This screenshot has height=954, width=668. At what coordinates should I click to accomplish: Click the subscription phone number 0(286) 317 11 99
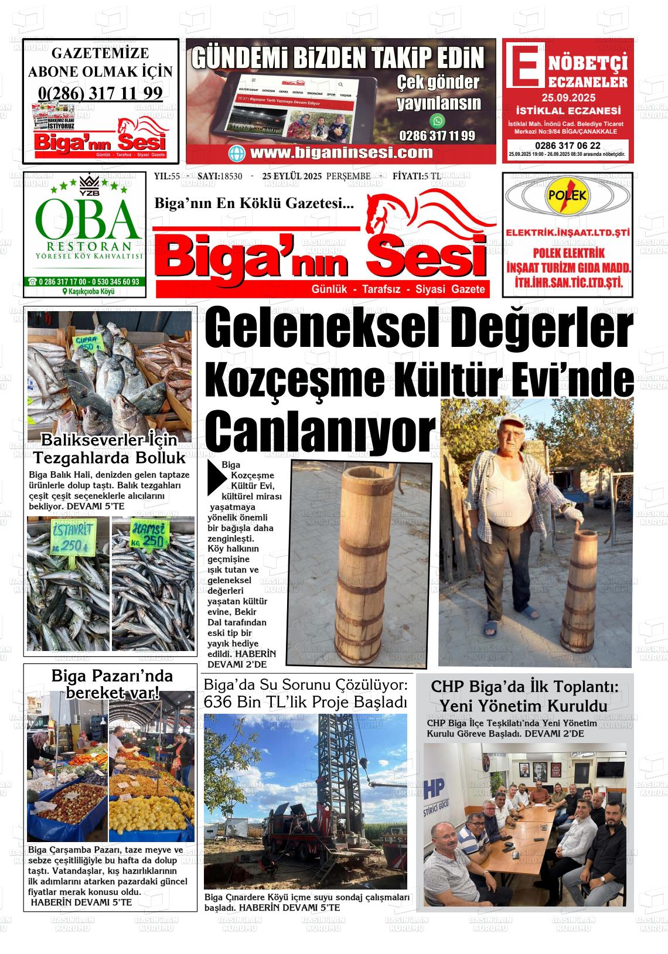coord(100,93)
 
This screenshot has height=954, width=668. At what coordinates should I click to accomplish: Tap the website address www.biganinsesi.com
coord(341,153)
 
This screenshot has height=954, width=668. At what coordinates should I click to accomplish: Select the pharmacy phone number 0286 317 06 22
coord(567,145)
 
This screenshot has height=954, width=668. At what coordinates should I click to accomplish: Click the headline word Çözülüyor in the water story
coord(367,684)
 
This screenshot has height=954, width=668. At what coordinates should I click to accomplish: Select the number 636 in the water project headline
coord(218,701)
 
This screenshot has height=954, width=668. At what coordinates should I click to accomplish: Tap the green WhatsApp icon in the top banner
coord(437,121)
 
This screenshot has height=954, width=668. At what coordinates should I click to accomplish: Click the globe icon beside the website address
coord(238,154)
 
